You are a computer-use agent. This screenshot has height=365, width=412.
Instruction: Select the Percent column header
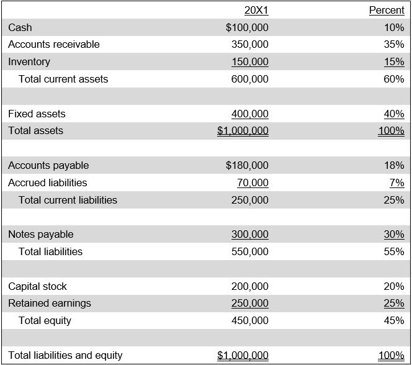387,10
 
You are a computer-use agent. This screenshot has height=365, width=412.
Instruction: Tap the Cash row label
20,27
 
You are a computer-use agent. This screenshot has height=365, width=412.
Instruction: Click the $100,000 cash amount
247,27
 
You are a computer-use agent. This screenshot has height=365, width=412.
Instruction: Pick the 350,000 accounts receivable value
250,44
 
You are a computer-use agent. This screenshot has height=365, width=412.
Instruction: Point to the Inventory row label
29,61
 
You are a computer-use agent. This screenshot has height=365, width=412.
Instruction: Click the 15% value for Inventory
394,61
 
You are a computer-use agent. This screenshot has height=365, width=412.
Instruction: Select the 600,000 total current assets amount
250,79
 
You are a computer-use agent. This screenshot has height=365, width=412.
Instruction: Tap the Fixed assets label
37,114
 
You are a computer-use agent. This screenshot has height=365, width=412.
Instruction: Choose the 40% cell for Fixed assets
394,114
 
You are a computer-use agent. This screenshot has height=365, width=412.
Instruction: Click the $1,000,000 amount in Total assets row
243,130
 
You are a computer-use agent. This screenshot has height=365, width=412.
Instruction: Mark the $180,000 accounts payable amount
247,165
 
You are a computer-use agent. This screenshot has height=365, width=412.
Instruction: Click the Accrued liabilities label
48,182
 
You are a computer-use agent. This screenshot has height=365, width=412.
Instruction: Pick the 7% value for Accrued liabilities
396,182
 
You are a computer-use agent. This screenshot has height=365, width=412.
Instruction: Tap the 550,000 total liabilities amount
250,251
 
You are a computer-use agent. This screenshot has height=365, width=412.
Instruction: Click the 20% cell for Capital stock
394,286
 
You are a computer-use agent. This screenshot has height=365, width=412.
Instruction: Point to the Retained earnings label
50,303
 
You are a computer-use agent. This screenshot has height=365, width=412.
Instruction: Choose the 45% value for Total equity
394,320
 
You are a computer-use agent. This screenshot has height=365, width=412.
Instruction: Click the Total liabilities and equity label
65,355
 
